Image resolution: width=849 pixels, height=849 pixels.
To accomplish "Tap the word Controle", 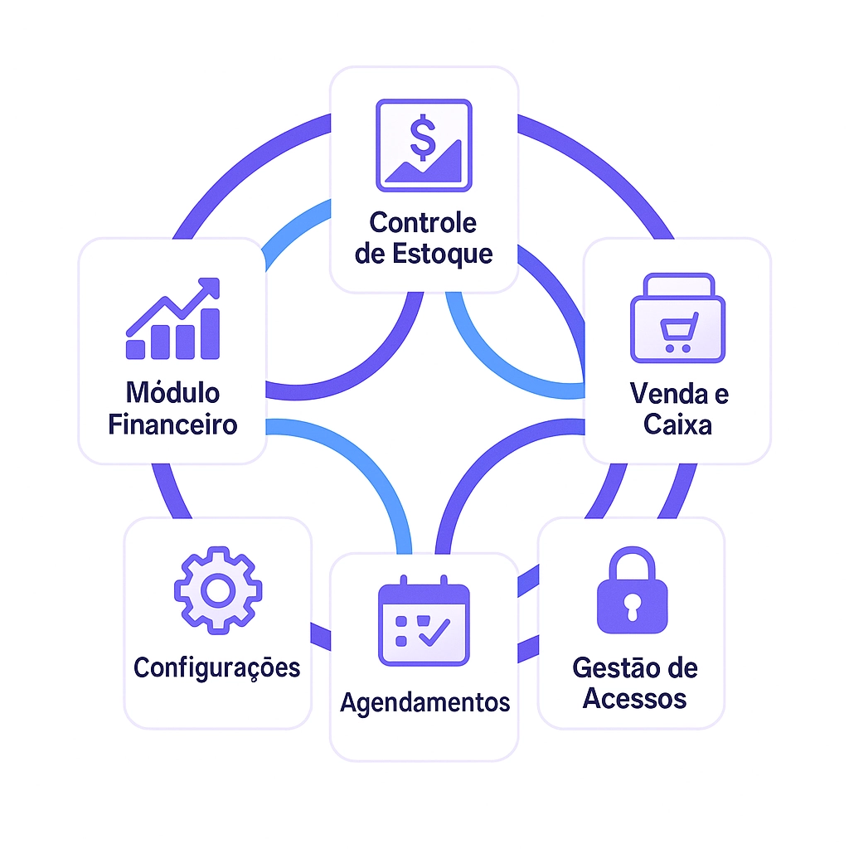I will [423, 222].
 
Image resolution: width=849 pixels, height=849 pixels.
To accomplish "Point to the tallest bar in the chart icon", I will [211, 333].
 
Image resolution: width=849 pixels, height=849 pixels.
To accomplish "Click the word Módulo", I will [172, 392].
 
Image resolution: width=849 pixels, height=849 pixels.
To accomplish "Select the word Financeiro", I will [172, 424].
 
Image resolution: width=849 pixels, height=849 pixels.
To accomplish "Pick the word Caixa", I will [677, 424].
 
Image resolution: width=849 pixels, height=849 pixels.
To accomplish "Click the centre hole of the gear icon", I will [217, 590].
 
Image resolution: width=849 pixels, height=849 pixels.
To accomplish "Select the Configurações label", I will [217, 667].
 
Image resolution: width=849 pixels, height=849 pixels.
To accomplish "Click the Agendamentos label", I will [424, 702].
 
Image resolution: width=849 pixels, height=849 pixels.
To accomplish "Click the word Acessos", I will [634, 698].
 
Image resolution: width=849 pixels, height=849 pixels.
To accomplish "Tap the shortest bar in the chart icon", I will [134, 348].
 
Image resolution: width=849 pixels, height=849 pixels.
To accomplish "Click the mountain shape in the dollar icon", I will [431, 166].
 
